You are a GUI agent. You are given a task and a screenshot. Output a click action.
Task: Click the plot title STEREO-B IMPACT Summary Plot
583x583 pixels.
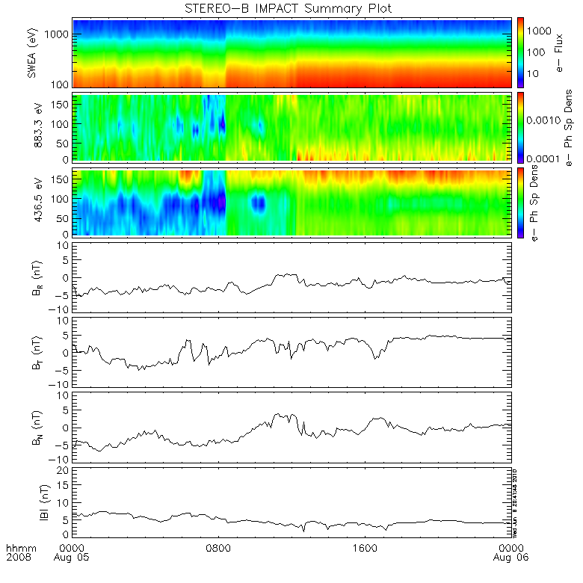(288, 8)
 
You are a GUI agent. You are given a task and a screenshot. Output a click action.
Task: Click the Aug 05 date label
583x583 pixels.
(75, 558)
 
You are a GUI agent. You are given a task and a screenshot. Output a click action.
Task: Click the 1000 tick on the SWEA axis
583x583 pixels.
(58, 34)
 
